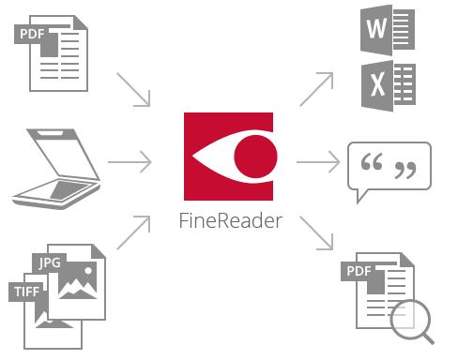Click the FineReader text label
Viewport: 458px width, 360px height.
tap(231, 220)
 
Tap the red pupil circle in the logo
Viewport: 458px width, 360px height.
tap(255, 157)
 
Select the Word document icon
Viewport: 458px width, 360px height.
tap(388, 30)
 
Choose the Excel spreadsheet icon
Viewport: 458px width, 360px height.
tap(389, 85)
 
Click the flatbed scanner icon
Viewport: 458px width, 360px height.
tap(56, 169)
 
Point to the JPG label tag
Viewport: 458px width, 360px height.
tap(50, 262)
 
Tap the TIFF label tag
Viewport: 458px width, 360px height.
tap(27, 292)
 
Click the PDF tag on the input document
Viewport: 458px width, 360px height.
tap(31, 34)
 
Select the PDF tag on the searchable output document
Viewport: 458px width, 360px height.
tap(359, 271)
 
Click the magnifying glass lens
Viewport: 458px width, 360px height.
tap(410, 320)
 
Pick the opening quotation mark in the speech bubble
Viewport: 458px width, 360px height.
tap(372, 161)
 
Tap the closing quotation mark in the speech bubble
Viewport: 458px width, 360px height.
tap(405, 171)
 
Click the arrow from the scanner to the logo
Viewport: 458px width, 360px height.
tap(130, 162)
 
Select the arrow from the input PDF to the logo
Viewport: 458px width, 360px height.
tap(133, 90)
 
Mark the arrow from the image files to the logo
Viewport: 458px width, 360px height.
tap(133, 232)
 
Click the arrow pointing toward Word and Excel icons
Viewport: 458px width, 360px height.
tap(316, 89)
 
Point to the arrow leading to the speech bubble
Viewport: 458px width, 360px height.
tap(318, 162)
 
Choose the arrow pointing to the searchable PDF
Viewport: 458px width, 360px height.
tap(316, 233)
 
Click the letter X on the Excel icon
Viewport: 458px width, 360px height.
tap(378, 84)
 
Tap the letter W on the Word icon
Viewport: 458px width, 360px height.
tap(376, 28)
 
